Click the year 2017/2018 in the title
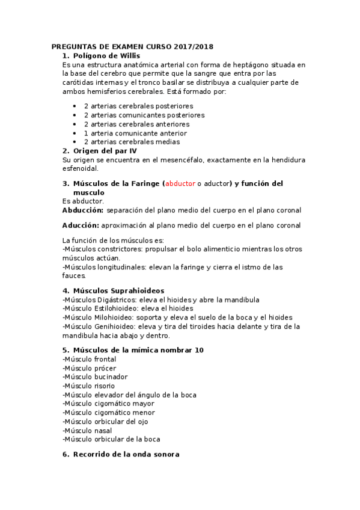point(194,46)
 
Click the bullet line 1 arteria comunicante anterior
point(135,133)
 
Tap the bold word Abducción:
point(83,210)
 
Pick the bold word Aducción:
point(81,226)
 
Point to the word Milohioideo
point(111,318)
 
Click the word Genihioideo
point(111,327)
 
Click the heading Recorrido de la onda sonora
point(126,455)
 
